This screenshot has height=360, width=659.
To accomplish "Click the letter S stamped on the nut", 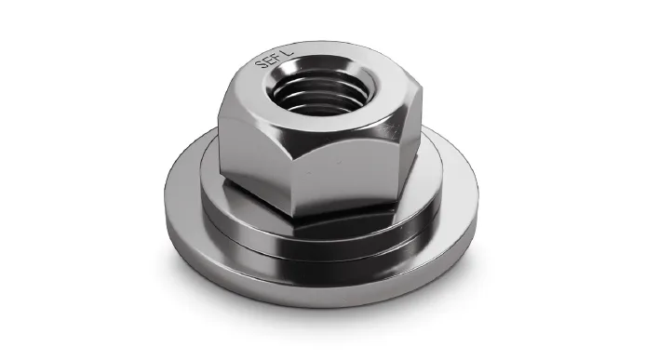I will tap(261, 65).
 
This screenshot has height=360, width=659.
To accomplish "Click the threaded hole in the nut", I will tap(321, 90).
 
